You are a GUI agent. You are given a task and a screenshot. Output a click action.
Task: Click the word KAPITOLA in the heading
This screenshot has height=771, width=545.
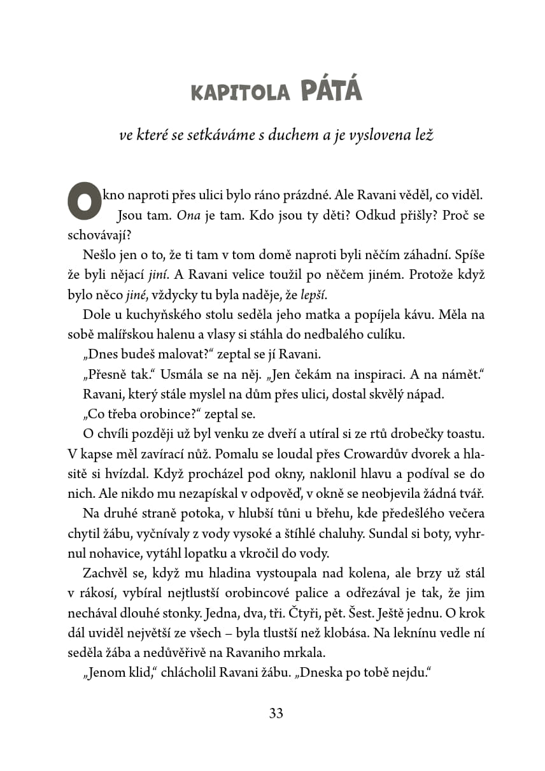[240, 93]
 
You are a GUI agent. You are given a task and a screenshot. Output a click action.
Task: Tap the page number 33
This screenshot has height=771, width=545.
[276, 713]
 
